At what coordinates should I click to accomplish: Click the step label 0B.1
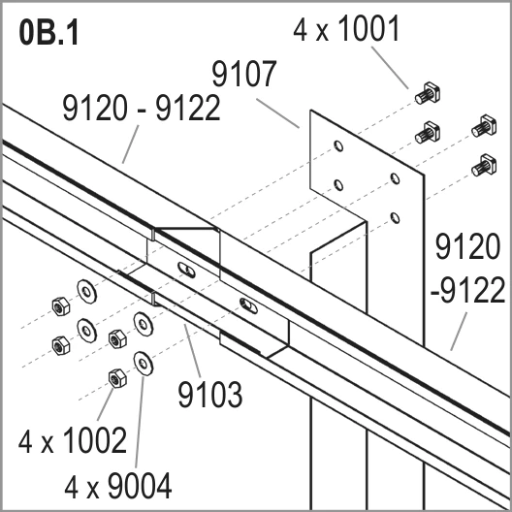(49, 33)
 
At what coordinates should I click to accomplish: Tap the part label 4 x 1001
(346, 29)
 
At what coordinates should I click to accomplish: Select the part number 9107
(244, 74)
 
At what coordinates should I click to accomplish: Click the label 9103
(210, 395)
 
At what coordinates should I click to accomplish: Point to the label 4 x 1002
(73, 440)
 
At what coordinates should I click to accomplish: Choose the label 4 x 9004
(118, 486)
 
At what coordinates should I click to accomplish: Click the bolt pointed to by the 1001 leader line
(428, 94)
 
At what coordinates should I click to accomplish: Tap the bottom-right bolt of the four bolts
(485, 166)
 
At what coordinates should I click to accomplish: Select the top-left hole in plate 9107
(338, 146)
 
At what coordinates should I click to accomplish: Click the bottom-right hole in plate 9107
(395, 218)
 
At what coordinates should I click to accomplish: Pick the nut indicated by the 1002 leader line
(117, 378)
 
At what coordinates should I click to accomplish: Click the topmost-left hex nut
(61, 306)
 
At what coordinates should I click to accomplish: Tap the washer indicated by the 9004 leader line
(144, 364)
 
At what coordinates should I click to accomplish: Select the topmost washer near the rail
(86, 292)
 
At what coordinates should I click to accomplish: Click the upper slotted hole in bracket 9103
(187, 270)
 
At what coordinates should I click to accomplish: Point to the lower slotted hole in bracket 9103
(248, 306)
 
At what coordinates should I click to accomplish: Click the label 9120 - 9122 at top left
(142, 108)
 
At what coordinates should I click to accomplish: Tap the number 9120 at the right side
(467, 246)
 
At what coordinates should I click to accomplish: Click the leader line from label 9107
(277, 113)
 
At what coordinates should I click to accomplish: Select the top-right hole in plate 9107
(395, 178)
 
